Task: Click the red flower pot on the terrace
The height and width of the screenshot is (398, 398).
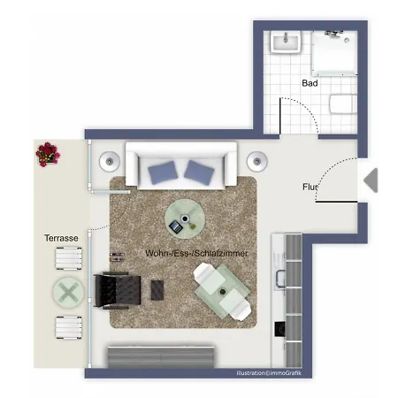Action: pyautogui.click(x=47, y=154)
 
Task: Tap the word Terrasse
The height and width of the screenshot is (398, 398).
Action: pyautogui.click(x=62, y=239)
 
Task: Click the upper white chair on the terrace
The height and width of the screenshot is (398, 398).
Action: pyautogui.click(x=69, y=259)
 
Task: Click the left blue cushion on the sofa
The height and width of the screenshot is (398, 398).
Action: pyautogui.click(x=164, y=171)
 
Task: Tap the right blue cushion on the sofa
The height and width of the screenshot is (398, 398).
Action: pyautogui.click(x=199, y=171)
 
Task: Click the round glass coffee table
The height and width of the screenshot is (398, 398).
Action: pyautogui.click(x=185, y=217)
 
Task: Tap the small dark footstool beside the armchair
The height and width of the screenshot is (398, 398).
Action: pyautogui.click(x=160, y=289)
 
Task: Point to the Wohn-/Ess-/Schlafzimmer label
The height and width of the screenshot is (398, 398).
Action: pyautogui.click(x=195, y=254)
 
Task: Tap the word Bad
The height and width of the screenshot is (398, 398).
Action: pyautogui.click(x=310, y=83)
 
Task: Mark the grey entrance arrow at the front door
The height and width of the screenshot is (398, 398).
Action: pyautogui.click(x=371, y=180)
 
